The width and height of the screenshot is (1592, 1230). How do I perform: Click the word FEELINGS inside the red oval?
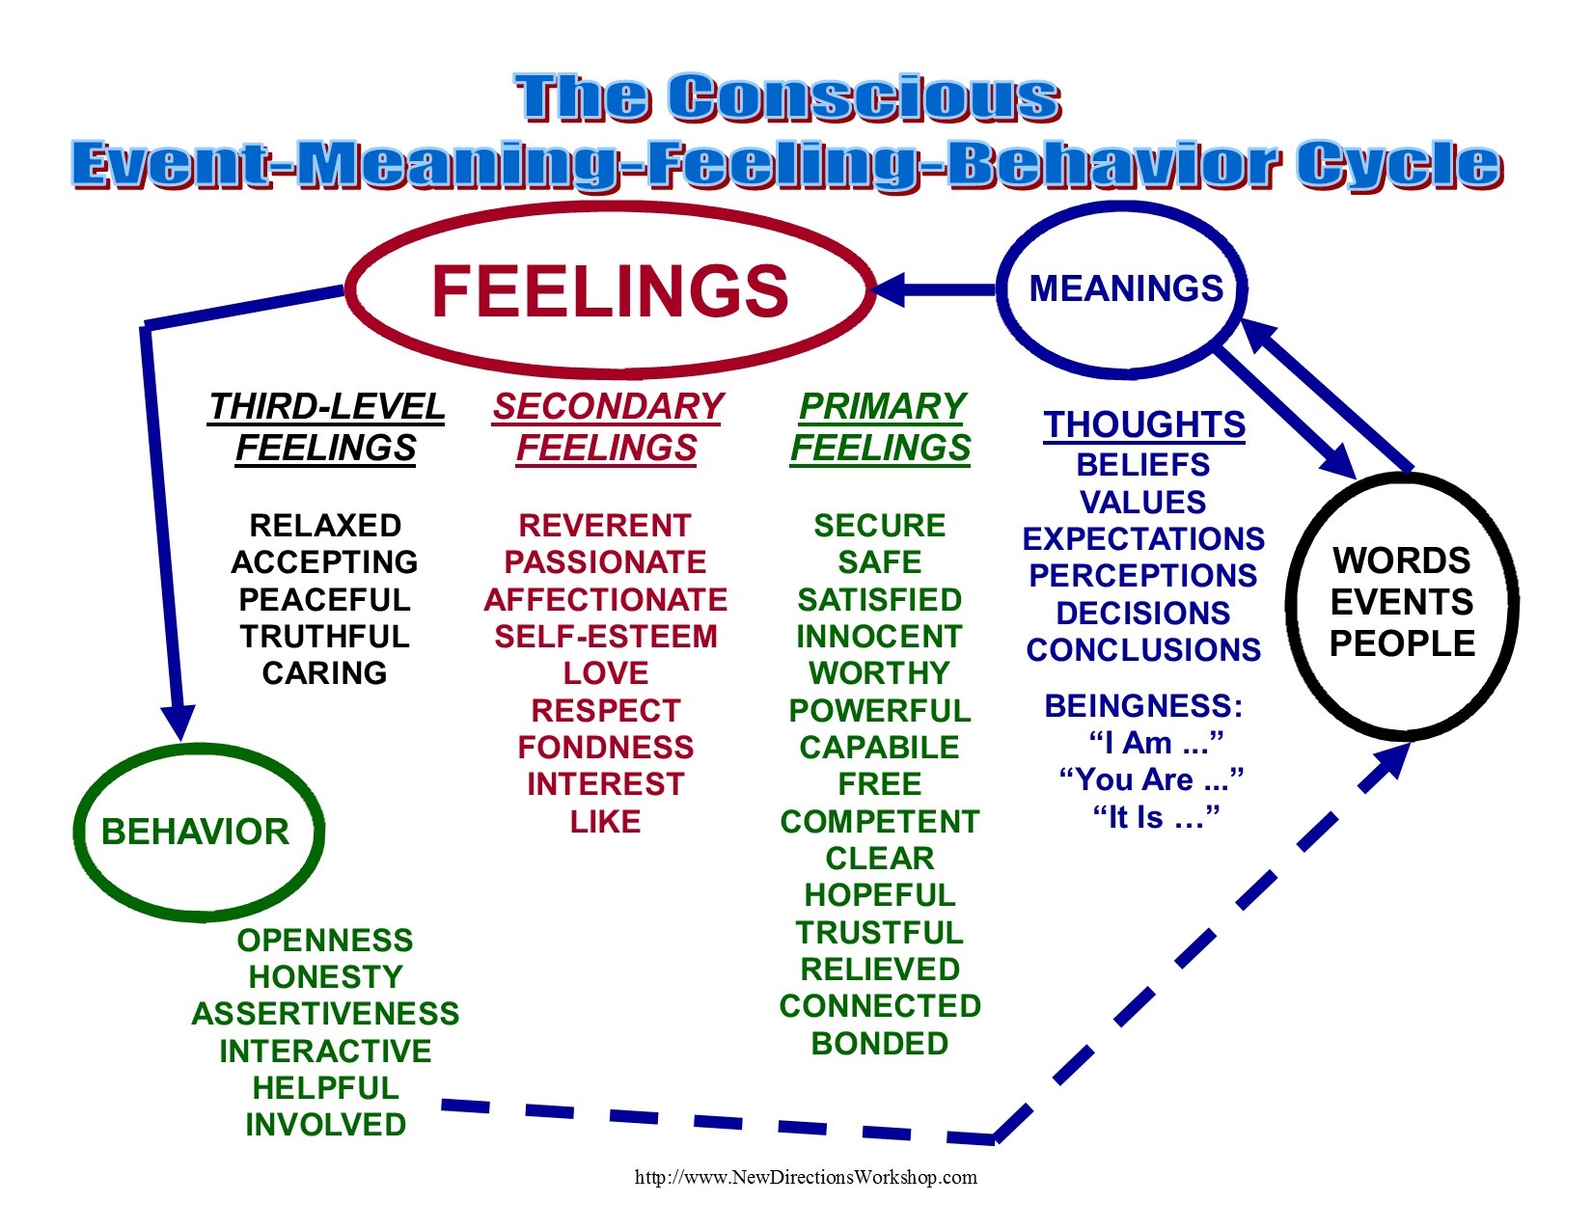pos(610,290)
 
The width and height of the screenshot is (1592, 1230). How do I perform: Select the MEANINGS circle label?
pos(1126,288)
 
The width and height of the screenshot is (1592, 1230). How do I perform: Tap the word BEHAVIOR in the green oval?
pos(195,832)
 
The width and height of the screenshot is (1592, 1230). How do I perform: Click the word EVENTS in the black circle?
pos(1402,602)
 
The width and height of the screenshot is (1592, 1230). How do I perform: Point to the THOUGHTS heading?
pos(1144,424)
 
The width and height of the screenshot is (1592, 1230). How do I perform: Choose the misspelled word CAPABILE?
pos(879,748)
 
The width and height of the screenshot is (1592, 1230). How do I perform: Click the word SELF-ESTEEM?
pos(606,637)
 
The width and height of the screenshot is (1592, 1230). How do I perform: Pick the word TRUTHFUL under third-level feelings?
pos(325,637)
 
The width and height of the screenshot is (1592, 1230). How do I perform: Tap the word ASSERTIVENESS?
pos(325,1014)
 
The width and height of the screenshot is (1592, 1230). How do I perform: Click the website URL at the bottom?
pos(806,1177)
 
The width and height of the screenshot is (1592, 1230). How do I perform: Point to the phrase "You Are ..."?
pos(1151,779)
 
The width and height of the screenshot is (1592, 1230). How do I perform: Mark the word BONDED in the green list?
pos(880,1044)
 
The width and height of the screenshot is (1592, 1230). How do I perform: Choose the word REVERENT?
pos(605,526)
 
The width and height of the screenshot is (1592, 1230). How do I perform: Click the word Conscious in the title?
pos(865,98)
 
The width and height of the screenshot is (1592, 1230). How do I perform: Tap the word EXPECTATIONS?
pos(1143,538)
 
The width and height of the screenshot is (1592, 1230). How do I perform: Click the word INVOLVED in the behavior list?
pos(325,1125)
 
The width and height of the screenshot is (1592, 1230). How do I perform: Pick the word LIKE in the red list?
pos(605,822)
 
